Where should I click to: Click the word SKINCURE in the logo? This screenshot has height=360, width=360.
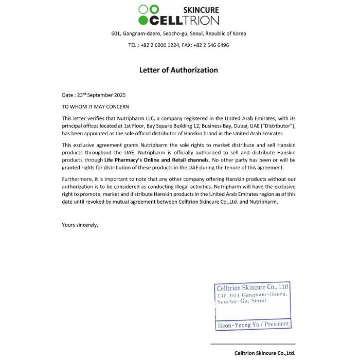201,10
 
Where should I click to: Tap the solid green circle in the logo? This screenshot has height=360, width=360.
143,21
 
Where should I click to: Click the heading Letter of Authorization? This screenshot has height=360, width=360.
178,70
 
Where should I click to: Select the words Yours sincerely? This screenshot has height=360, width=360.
80,225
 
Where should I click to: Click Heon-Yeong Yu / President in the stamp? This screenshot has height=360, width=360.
254,325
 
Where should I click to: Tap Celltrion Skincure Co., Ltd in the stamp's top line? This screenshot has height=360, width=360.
253,287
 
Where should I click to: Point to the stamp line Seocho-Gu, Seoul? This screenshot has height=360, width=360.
242,301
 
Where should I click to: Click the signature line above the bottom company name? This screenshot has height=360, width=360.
253,344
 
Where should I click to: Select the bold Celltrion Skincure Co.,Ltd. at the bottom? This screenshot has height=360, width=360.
265,353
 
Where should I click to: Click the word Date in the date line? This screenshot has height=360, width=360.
67,95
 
